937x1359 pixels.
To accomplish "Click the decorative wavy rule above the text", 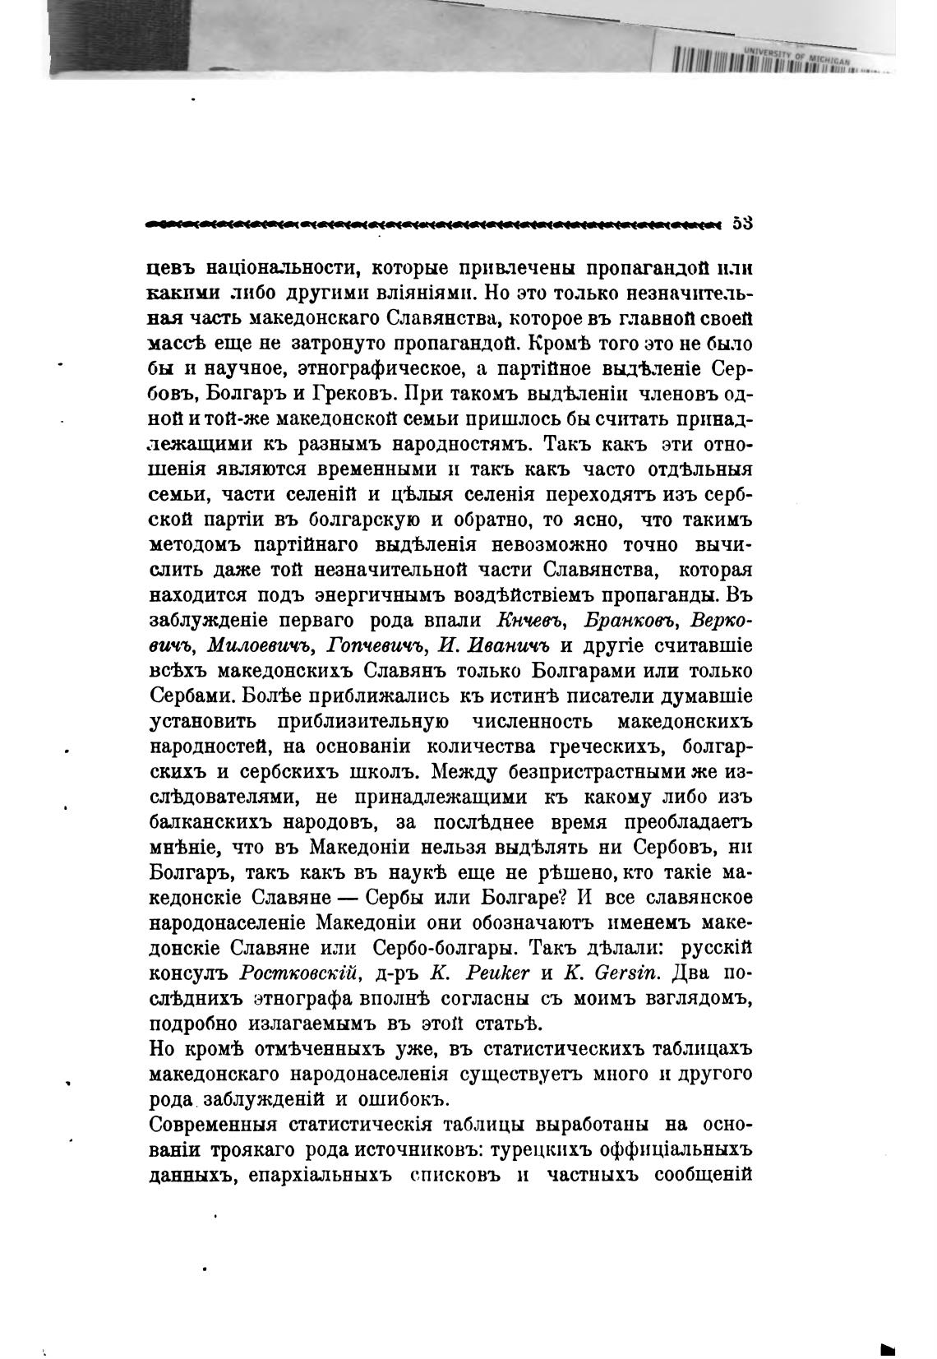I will tap(436, 223).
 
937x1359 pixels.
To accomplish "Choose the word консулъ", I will tap(190, 973).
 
